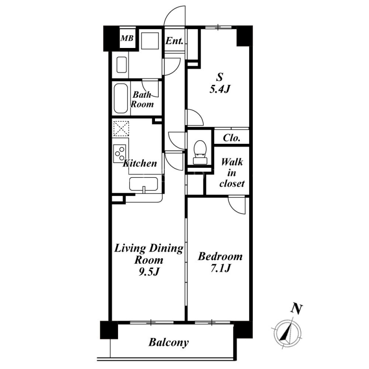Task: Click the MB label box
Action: click(127, 38)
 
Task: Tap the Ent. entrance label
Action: click(174, 41)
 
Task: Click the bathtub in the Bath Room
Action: click(121, 98)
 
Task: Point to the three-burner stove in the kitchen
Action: click(119, 154)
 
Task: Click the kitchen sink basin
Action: click(143, 184)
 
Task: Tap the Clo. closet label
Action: click(232, 138)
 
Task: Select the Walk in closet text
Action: click(232, 173)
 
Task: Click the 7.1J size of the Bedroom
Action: click(220, 268)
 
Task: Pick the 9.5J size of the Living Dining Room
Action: click(149, 272)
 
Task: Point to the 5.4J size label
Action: click(220, 89)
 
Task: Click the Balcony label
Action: click(168, 342)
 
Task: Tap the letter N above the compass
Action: click(297, 309)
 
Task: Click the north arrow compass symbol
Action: click(287, 333)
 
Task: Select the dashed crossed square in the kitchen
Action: click(121, 129)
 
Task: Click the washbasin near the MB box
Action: click(122, 65)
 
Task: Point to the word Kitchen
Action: click(140, 163)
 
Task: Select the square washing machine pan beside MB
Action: click(149, 41)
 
